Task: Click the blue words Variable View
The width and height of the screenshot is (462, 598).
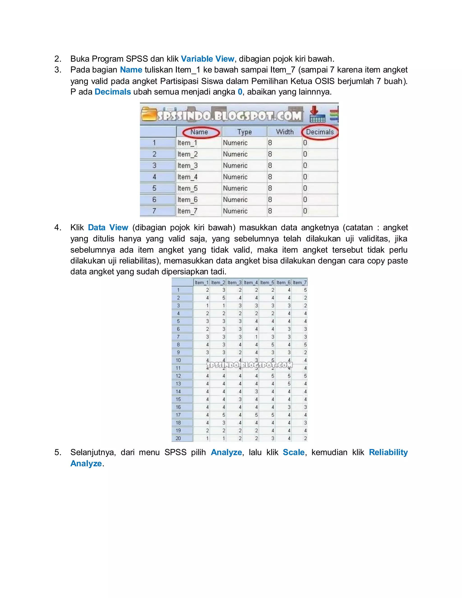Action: pos(208,59)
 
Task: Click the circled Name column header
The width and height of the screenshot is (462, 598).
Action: pos(199,132)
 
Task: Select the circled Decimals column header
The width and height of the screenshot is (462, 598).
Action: pos(320,132)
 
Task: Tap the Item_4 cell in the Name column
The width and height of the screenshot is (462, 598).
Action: pos(187,177)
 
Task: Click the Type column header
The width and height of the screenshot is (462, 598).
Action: pos(244,132)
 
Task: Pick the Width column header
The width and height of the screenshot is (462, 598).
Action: pos(285,132)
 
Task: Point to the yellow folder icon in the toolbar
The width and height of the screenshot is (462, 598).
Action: pos(149,114)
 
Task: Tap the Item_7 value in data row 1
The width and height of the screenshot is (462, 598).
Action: pos(305,290)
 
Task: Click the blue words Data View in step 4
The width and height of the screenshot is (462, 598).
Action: pos(108,227)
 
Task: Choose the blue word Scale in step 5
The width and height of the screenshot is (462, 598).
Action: pos(293,452)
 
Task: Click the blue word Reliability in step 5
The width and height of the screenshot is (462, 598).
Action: pos(388,452)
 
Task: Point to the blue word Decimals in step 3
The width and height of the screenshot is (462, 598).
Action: pos(113,92)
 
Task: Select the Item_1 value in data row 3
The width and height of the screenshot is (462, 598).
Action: pos(207,306)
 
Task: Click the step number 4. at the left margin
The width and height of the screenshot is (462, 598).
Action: pos(58,227)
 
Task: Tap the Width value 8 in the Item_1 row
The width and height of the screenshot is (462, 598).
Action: pos(270,143)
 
